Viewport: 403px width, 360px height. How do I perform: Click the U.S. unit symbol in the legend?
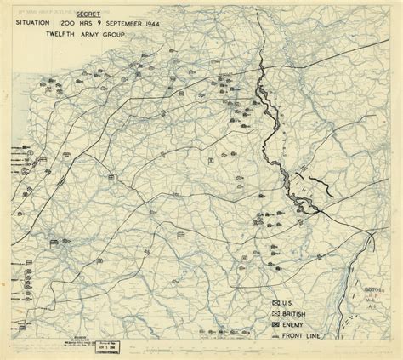click(275, 304)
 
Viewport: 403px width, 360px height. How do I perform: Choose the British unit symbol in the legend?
click(275, 314)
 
